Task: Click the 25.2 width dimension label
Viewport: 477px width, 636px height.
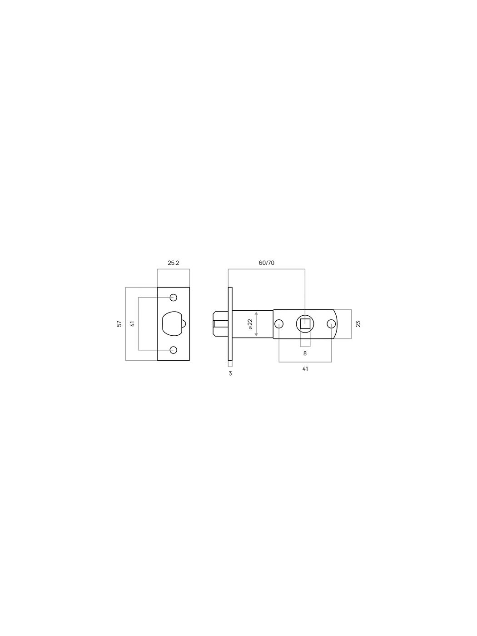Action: click(x=173, y=263)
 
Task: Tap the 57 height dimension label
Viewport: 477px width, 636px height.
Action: click(x=119, y=323)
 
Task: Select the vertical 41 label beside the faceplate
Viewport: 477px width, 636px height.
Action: click(x=132, y=323)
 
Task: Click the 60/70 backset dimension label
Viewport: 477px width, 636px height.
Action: click(x=267, y=263)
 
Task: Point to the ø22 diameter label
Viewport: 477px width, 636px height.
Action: click(x=250, y=324)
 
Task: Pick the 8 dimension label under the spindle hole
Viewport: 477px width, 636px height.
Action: click(x=305, y=353)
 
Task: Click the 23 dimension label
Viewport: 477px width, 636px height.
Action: click(x=358, y=324)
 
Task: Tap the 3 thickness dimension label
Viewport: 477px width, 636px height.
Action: click(x=230, y=373)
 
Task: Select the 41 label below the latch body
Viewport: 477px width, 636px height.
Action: click(x=305, y=369)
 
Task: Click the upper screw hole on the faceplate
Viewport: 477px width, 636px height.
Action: click(x=173, y=298)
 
